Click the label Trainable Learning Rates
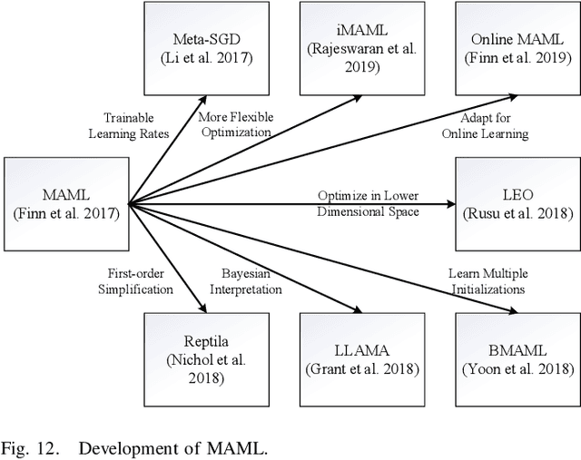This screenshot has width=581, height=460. [x=128, y=125]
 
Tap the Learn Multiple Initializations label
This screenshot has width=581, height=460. [x=487, y=281]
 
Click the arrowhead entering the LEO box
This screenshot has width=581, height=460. [x=448, y=202]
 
